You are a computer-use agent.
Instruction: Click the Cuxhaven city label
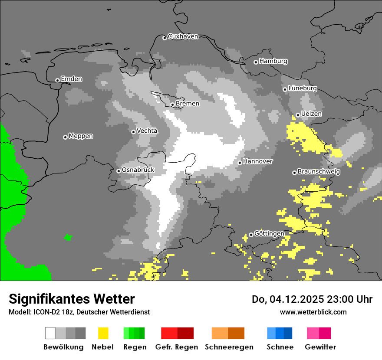183,36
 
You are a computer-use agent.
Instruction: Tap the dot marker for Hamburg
256,62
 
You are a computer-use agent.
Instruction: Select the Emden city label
71,79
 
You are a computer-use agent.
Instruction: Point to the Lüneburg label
303,88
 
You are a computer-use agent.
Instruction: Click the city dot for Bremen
172,105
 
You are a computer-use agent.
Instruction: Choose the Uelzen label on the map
311,114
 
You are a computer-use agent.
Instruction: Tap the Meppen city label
81,136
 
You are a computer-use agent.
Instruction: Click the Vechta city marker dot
133,132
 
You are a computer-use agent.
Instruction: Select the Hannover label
258,161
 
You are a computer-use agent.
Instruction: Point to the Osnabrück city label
138,170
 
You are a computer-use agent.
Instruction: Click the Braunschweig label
319,171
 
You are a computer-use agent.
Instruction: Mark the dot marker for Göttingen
251,235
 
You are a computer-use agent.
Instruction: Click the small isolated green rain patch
68,237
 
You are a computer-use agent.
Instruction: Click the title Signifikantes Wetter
72,299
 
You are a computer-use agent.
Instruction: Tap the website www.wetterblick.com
313,312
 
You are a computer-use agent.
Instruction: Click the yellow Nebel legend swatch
103,333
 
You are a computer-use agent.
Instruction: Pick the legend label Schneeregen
229,347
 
